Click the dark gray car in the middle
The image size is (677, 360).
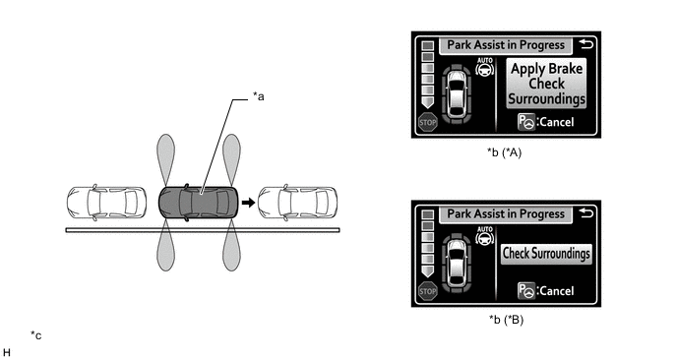pyautogui.click(x=198, y=203)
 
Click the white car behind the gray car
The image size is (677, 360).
pyautogui.click(x=106, y=203)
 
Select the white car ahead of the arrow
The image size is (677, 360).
pyautogui.click(x=297, y=203)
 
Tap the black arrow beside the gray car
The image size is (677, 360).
pyautogui.click(x=248, y=203)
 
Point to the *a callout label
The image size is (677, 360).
pyautogui.click(x=258, y=96)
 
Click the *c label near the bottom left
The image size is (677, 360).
pyautogui.click(x=36, y=335)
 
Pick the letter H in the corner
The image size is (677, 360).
pyautogui.click(x=7, y=353)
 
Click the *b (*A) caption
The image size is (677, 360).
pyautogui.click(x=504, y=152)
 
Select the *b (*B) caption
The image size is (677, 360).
pyautogui.click(x=506, y=320)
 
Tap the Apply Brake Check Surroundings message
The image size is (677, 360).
pyautogui.click(x=546, y=84)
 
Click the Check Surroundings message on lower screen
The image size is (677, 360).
pyautogui.click(x=546, y=254)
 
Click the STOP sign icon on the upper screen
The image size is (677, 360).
pyautogui.click(x=428, y=123)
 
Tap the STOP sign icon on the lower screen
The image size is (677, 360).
pyautogui.click(x=428, y=291)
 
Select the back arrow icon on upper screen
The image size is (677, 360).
pyautogui.click(x=586, y=44)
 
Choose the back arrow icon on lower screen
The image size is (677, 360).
pyautogui.click(x=586, y=212)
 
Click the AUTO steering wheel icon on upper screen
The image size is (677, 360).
pyautogui.click(x=485, y=67)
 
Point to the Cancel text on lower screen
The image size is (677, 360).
pyautogui.click(x=557, y=291)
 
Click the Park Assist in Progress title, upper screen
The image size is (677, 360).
pyautogui.click(x=506, y=45)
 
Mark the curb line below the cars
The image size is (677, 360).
pyautogui.click(x=203, y=230)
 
